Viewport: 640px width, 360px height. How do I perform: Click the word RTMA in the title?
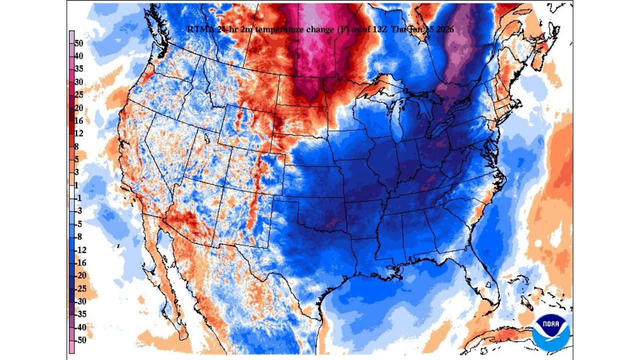(199, 29)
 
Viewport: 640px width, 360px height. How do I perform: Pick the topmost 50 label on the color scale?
(79, 43)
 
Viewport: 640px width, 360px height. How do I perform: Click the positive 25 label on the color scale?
(79, 95)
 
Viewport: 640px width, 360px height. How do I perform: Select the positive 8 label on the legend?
(77, 146)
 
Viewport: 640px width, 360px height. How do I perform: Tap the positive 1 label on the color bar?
(77, 185)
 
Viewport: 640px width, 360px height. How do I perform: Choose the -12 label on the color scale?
(80, 250)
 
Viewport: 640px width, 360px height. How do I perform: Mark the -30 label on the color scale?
(80, 301)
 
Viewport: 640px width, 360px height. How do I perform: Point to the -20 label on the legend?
(80, 275)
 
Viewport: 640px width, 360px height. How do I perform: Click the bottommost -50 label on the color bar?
(80, 340)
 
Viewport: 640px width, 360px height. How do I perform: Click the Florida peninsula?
(487, 280)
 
